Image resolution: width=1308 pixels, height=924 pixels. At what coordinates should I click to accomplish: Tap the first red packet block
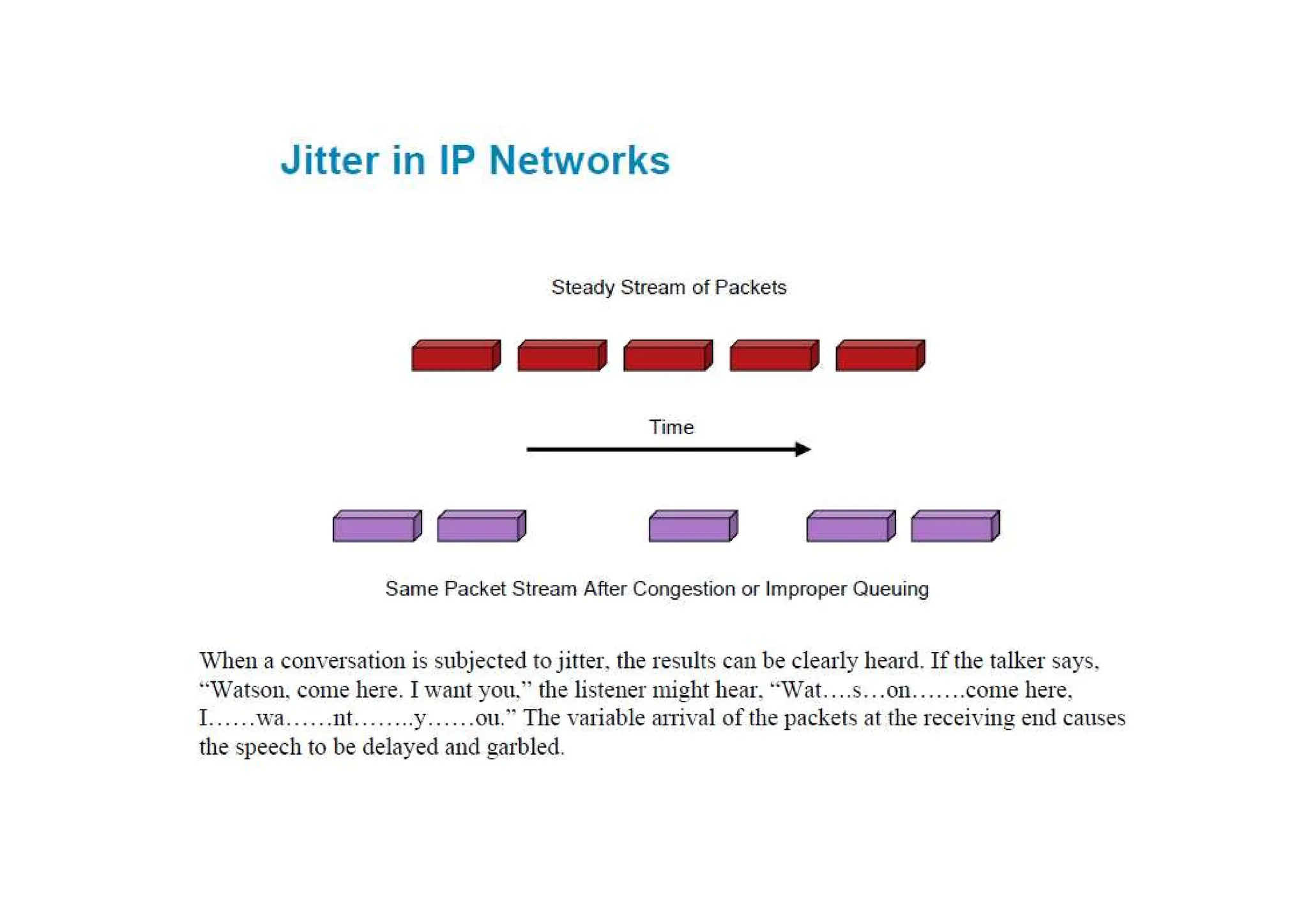[x=455, y=356]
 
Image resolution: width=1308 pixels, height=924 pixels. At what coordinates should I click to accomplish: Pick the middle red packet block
[x=667, y=356]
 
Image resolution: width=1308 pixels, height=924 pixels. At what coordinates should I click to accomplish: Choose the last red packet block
[x=879, y=356]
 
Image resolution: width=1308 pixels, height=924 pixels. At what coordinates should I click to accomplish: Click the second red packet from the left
[x=561, y=356]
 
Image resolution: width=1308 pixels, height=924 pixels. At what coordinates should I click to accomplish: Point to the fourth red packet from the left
[x=773, y=356]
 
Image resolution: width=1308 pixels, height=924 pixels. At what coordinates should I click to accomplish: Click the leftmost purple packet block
[x=377, y=526]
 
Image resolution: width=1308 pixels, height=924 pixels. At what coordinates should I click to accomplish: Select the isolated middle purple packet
[x=693, y=526]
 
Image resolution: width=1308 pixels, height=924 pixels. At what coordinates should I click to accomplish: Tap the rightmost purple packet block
[x=955, y=526]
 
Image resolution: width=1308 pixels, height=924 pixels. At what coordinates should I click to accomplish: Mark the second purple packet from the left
[x=481, y=526]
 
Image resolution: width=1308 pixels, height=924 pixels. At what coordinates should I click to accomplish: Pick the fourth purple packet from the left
[x=851, y=526]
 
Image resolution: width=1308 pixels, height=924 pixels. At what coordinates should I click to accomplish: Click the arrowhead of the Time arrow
[x=803, y=450]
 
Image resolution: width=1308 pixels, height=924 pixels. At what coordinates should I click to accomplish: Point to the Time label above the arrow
[x=671, y=427]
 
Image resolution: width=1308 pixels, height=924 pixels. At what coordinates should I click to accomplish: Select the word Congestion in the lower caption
[x=683, y=589]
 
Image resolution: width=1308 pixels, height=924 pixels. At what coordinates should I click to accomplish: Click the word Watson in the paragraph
[x=247, y=690]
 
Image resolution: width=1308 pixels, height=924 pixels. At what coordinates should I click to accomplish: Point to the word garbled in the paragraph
[x=525, y=746]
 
